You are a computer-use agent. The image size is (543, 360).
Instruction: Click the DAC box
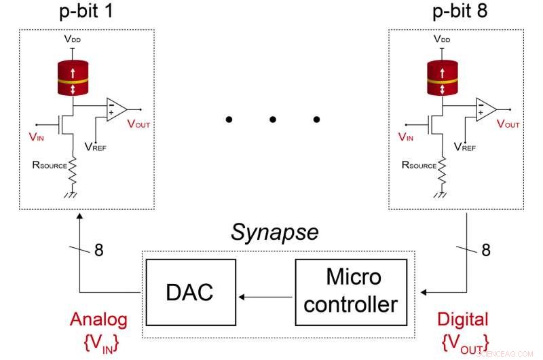190,292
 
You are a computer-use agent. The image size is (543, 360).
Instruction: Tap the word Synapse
274,232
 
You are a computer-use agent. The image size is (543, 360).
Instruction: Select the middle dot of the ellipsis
272,120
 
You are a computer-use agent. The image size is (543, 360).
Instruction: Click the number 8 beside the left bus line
99,250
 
